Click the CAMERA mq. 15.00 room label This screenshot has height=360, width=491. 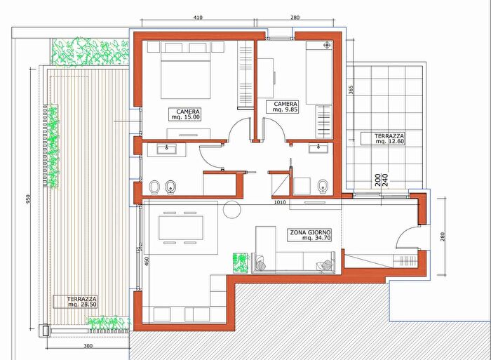pyautogui.click(x=184, y=114)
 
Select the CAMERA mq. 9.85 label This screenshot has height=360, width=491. pyautogui.click(x=282, y=107)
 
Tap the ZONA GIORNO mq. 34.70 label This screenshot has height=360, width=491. pyautogui.click(x=309, y=235)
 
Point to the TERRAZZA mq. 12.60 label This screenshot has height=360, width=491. pyautogui.click(x=383, y=138)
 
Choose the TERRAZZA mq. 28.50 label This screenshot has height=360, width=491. pyautogui.click(x=75, y=302)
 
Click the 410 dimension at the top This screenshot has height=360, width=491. pyautogui.click(x=198, y=18)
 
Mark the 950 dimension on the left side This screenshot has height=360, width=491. pyautogui.click(x=28, y=199)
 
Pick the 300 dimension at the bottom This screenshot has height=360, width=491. pyautogui.click(x=88, y=346)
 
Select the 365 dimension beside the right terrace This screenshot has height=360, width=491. pyautogui.click(x=351, y=90)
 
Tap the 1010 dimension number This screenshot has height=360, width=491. pyautogui.click(x=280, y=202)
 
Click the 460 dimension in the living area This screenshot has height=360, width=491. pyautogui.click(x=147, y=261)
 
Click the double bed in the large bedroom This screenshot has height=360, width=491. pyautogui.click(x=185, y=75)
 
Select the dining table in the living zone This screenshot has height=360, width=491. pyautogui.click(x=181, y=228)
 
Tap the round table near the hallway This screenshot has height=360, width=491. pyautogui.click(x=232, y=209)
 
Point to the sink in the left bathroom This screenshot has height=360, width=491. pyautogui.click(x=167, y=149)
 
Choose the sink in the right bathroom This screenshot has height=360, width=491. pyautogui.click(x=318, y=148)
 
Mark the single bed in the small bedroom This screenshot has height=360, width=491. pyautogui.click(x=319, y=73)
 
